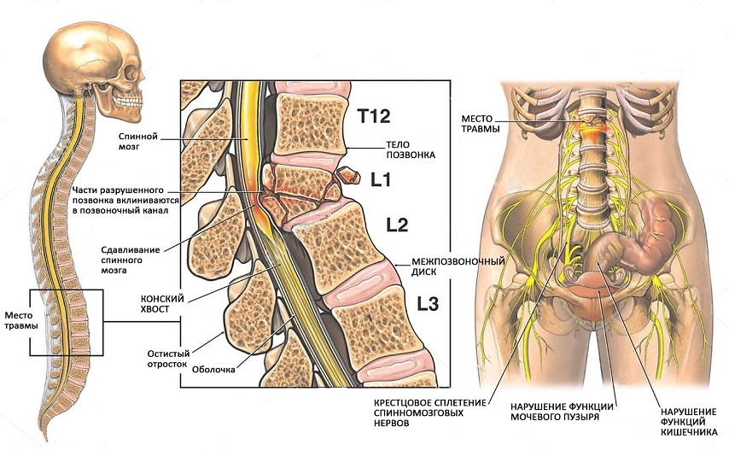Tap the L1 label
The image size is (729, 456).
point(382,180)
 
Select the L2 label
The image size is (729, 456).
point(397,226)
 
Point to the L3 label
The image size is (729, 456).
point(426,302)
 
